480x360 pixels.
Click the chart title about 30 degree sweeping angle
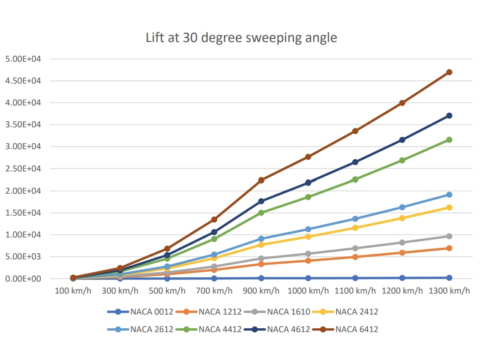click(x=241, y=38)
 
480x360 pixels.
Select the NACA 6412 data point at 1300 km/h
click(x=449, y=72)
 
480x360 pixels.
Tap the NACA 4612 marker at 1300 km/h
click(x=449, y=116)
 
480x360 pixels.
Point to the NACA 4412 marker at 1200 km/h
click(x=402, y=160)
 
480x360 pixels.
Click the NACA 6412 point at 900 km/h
click(x=261, y=180)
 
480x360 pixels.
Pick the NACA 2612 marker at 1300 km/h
click(x=449, y=195)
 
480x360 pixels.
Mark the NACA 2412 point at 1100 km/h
click(x=355, y=228)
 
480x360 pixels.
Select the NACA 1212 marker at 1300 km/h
click(x=449, y=248)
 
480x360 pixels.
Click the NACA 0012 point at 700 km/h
click(x=214, y=278)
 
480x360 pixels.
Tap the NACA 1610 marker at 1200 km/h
click(x=402, y=243)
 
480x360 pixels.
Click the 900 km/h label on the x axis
click(x=261, y=291)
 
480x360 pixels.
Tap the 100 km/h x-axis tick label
click(x=73, y=291)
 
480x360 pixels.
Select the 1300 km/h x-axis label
click(x=449, y=291)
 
